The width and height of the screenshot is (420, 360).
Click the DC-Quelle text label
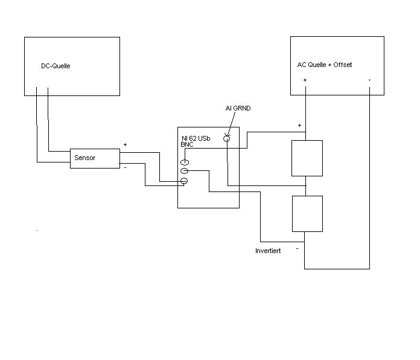click(x=56, y=66)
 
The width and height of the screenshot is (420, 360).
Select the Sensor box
click(x=95, y=158)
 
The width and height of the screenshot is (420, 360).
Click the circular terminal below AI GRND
click(x=227, y=138)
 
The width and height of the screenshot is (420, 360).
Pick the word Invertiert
click(x=268, y=250)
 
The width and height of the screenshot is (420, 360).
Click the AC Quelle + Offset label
click(x=325, y=65)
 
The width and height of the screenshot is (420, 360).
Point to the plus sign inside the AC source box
click(x=305, y=80)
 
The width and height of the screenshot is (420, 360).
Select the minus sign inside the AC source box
click(x=369, y=80)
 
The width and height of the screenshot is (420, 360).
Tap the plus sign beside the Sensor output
click(x=125, y=145)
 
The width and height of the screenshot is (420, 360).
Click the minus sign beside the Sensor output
click(x=125, y=167)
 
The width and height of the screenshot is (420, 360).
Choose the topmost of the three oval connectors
click(x=185, y=162)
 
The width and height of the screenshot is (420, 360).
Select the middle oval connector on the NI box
click(x=185, y=172)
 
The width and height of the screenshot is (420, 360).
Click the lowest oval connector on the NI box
click(x=185, y=181)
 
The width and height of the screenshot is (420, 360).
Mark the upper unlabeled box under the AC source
click(x=307, y=158)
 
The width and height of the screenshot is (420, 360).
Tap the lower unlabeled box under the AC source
click(x=307, y=214)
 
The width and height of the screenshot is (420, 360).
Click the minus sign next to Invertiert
click(x=297, y=248)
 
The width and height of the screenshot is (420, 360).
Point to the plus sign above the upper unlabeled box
click(x=299, y=126)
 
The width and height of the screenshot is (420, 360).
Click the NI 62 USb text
click(x=196, y=139)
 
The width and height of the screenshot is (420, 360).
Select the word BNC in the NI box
click(x=186, y=145)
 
